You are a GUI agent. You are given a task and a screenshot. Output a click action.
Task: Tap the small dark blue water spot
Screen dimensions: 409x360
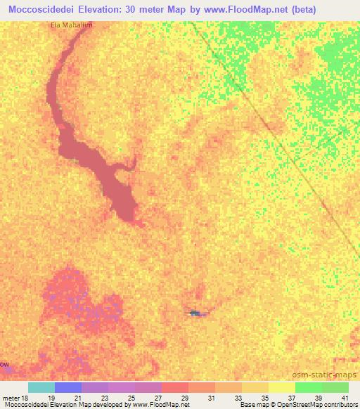click(x=195, y=312)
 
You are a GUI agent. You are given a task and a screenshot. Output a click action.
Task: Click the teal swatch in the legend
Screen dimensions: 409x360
click(x=41, y=387)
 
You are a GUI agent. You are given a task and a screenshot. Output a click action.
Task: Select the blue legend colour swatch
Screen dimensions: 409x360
click(x=68, y=387)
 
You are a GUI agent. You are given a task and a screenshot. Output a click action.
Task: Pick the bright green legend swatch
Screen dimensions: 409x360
click(x=309, y=387)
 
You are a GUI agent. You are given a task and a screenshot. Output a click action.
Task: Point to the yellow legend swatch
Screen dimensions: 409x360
click(x=282, y=387)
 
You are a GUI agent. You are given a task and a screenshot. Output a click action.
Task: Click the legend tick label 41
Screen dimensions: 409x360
click(x=344, y=397)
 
